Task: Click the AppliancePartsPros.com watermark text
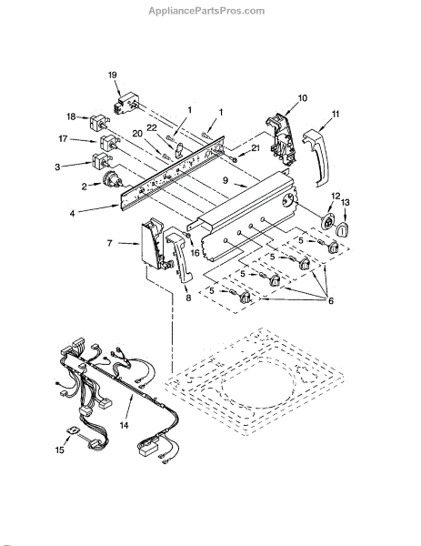click(206, 11)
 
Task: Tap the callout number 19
click(112, 75)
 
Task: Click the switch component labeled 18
click(99, 123)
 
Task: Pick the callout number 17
click(63, 139)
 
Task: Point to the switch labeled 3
click(101, 161)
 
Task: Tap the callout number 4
click(72, 214)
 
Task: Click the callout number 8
click(188, 298)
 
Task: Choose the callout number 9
click(226, 180)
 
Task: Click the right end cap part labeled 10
click(281, 138)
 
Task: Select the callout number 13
click(346, 202)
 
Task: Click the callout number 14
click(124, 425)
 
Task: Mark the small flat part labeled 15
click(74, 430)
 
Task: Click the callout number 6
click(330, 300)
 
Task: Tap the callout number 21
click(255, 148)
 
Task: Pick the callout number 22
click(152, 127)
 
